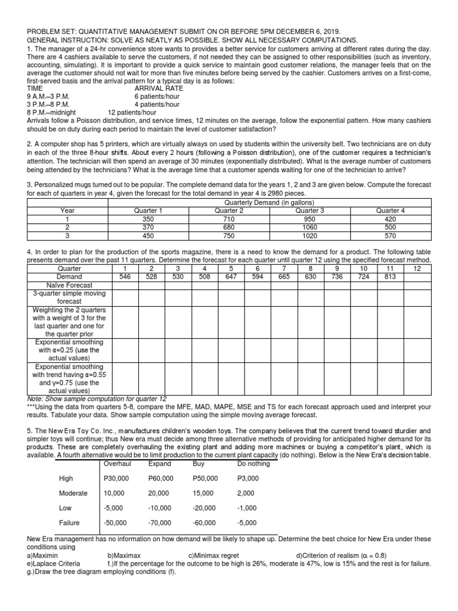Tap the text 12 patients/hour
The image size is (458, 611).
pos(132,112)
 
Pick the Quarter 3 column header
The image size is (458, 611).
pos(310,210)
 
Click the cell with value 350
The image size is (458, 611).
pos(148,218)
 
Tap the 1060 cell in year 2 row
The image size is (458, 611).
pos(310,227)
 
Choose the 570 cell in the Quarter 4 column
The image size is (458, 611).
pos(390,234)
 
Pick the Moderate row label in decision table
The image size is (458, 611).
pos(73,493)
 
